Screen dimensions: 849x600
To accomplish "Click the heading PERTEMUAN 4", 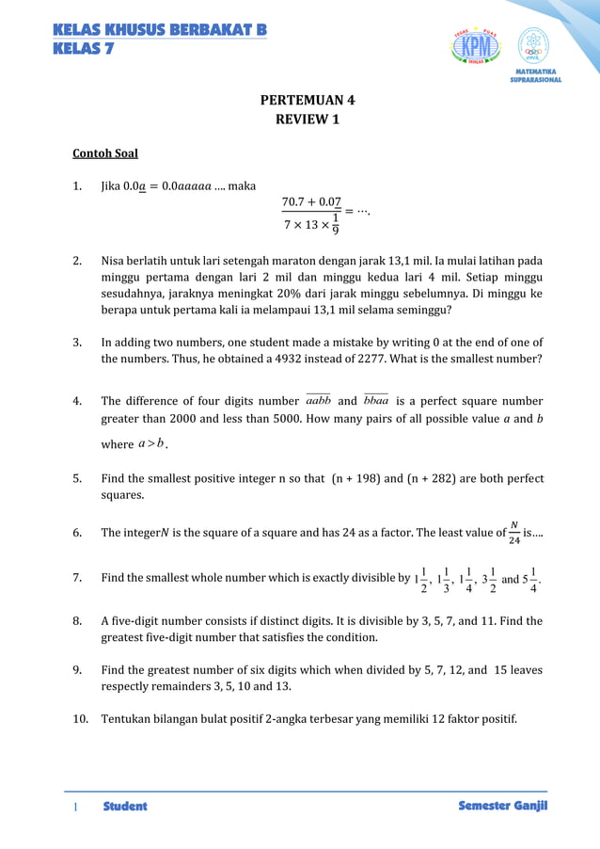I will [308, 100].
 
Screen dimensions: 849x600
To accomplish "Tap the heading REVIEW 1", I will [308, 120].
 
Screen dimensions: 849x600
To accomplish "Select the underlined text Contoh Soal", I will [105, 152].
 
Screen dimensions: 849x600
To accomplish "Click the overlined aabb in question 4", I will [318, 400].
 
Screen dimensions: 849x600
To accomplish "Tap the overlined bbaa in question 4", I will [375, 400].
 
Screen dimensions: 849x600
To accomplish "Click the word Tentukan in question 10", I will [127, 719].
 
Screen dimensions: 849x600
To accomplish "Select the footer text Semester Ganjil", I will [502, 806].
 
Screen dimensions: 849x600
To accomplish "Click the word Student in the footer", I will [125, 807].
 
